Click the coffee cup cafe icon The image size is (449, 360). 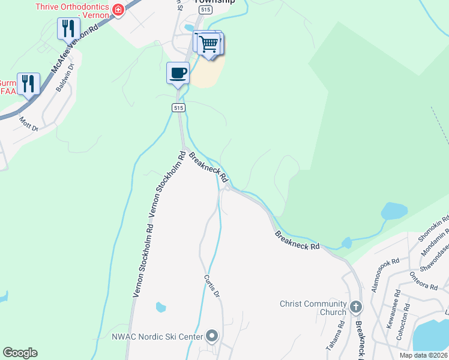(178, 73)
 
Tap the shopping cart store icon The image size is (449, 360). (209, 43)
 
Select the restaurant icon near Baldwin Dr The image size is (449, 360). (68, 28)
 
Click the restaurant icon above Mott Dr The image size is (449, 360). (28, 83)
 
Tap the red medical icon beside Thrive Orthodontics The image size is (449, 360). (118, 10)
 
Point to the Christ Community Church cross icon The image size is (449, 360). (356, 308)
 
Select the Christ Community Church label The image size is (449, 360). (313, 308)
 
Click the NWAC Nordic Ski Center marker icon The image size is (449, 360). (212, 337)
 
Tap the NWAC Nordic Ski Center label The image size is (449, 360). (157, 337)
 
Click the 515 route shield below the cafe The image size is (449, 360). (178, 107)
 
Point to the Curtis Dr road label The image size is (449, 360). (210, 286)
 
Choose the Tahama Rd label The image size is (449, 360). (341, 331)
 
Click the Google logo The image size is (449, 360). (20, 353)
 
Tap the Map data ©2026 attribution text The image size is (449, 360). (423, 355)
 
